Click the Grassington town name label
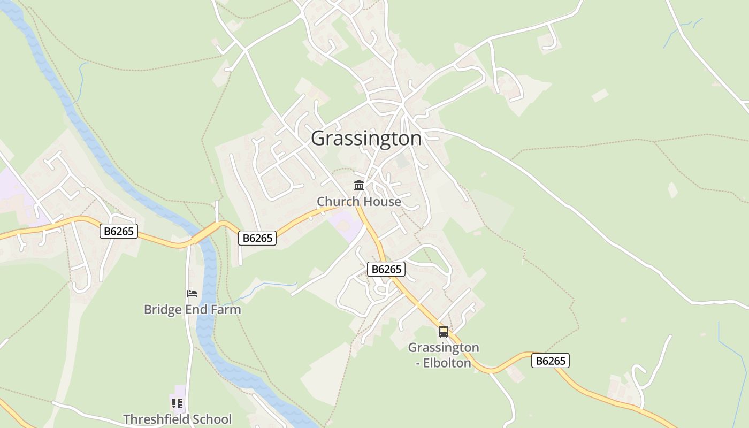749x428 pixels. (366, 138)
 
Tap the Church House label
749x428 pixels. (358, 202)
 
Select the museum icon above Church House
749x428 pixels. (359, 186)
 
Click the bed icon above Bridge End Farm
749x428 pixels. (192, 293)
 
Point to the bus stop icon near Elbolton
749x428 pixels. (444, 332)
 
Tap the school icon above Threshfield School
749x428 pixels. (177, 403)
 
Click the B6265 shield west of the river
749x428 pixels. (119, 231)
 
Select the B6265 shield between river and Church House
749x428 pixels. (257, 238)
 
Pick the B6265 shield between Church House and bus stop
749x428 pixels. (386, 269)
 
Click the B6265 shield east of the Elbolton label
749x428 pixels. (551, 361)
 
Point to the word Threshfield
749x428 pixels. (152, 419)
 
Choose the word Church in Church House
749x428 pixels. (336, 202)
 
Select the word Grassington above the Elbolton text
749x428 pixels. (444, 348)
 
